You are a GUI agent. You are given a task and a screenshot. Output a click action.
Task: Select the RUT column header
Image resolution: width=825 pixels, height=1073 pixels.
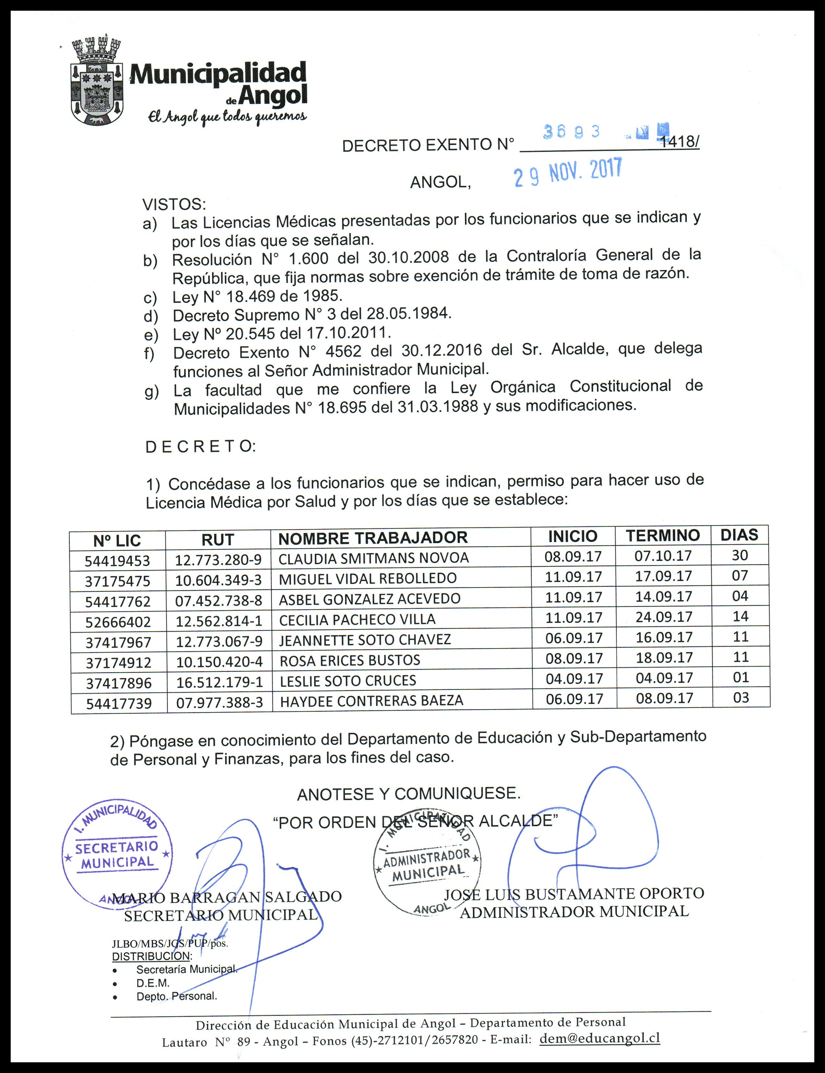(218, 540)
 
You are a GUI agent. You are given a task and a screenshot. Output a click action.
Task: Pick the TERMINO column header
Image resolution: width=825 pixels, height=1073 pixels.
(662, 536)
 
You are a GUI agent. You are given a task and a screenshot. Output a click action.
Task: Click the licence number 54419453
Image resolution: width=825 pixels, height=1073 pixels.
(117, 561)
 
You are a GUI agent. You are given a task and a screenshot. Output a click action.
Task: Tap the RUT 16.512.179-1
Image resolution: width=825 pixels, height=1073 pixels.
(219, 682)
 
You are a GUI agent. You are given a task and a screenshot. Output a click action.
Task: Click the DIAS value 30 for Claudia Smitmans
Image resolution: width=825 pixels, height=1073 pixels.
(740, 555)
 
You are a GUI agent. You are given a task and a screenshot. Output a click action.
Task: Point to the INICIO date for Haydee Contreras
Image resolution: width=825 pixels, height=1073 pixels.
(574, 699)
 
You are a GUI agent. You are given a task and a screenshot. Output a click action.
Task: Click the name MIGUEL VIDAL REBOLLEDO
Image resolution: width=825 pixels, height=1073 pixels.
(367, 578)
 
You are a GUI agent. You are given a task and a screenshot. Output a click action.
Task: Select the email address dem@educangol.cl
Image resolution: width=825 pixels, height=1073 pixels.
(600, 1038)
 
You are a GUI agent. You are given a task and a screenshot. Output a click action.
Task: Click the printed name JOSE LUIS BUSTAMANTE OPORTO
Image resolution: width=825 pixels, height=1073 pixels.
(574, 893)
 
